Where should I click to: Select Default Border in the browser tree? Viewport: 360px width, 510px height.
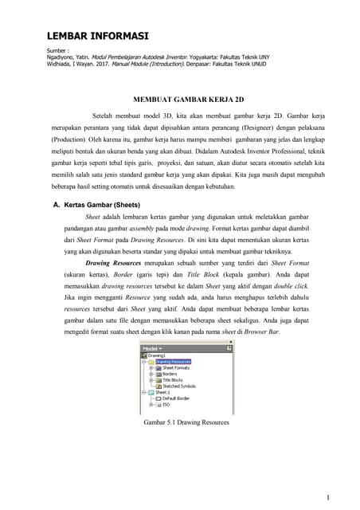[179, 398]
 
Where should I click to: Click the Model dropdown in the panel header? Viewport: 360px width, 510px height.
[152, 348]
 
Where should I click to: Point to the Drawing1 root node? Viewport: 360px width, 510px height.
[157, 355]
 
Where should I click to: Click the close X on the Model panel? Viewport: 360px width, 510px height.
[230, 348]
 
